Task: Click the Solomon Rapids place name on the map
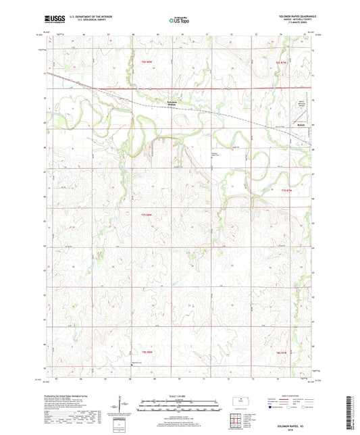175,103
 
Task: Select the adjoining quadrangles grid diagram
239,420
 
